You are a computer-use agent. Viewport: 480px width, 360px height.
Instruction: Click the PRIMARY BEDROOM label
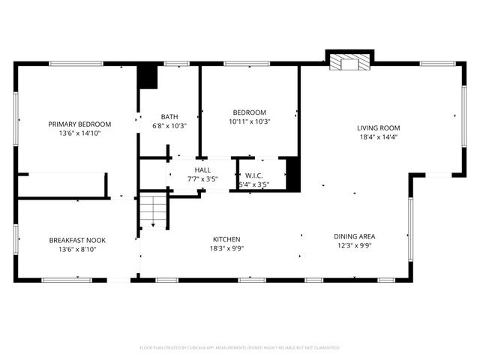(x=79, y=124)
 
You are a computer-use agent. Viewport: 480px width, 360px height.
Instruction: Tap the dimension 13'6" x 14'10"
(x=79, y=133)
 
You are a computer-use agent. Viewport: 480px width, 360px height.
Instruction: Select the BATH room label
(x=169, y=117)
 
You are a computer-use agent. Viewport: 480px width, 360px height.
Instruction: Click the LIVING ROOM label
(x=378, y=128)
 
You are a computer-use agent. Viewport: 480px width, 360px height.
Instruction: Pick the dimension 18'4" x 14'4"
(x=378, y=137)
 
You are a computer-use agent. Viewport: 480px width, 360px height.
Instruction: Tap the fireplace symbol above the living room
(x=349, y=61)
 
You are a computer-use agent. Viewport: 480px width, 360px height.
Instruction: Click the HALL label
(x=202, y=170)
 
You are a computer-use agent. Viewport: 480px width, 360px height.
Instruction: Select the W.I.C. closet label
(x=253, y=176)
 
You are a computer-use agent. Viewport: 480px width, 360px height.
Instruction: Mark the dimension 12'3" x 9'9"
(x=354, y=246)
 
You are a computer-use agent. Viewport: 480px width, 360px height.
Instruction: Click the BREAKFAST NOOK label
(x=77, y=240)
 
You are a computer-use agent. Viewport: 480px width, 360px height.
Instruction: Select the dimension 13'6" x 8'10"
(x=77, y=249)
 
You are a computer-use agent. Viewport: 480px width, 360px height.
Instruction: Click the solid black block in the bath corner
(x=148, y=78)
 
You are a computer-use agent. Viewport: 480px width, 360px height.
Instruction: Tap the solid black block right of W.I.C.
(x=293, y=173)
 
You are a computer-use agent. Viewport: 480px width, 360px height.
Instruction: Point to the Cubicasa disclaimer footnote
(x=240, y=348)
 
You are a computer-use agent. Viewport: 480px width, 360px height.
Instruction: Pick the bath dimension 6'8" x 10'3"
(x=169, y=126)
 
